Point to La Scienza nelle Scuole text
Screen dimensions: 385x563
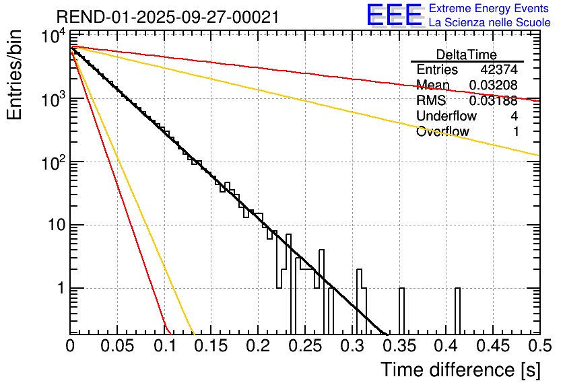[x=490, y=23]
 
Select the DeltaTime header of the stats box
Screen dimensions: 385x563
[x=467, y=55]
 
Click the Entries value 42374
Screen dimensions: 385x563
[x=499, y=70]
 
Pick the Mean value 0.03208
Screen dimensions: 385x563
[x=493, y=85]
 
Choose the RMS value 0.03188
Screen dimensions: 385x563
[x=493, y=101]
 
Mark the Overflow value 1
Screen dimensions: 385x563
[x=515, y=132]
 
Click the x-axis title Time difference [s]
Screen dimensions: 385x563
[x=460, y=370]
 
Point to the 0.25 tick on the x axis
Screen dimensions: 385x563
[x=305, y=347]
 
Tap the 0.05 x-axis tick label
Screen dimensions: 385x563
[x=117, y=347]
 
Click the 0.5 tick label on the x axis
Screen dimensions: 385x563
[x=539, y=347]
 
